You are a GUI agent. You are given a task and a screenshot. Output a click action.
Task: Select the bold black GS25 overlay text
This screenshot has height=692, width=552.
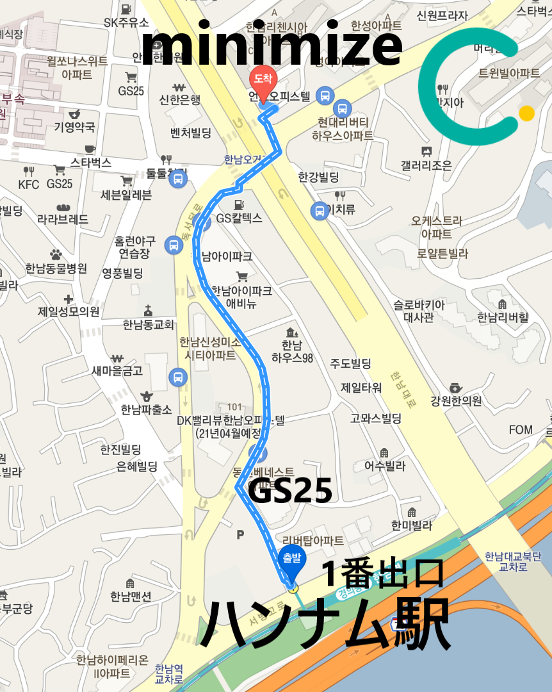coord(289,491)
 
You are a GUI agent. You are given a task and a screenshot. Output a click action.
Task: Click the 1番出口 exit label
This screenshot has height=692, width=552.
coord(383,574)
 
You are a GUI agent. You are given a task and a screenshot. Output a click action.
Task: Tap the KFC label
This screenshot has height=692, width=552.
coord(29,185)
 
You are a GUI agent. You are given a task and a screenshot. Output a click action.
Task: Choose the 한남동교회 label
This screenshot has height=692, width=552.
coord(149,324)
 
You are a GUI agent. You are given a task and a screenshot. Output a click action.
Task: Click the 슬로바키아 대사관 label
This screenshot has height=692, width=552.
coord(419,310)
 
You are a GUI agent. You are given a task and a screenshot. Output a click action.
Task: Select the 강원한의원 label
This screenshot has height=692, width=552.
coord(456,402)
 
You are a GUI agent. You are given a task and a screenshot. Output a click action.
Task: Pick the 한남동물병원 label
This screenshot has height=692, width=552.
coord(56,268)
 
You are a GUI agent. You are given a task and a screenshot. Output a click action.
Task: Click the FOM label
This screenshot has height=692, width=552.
coord(521,429)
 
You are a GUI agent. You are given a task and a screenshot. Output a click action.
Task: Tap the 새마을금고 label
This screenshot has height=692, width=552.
coord(117,370)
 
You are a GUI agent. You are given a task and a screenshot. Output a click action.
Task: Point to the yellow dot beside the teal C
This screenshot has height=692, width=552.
coord(526,113)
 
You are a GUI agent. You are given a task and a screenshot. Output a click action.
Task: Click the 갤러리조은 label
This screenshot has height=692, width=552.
coord(426,165)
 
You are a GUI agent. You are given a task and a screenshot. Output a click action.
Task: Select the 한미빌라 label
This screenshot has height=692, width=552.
coord(412,525)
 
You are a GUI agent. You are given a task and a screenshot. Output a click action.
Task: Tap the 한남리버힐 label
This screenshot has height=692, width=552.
coord(503,317)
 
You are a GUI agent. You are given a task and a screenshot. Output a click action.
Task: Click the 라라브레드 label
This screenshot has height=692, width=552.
coord(63,220)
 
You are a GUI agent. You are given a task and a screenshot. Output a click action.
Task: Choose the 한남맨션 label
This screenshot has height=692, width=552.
coord(131,597)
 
